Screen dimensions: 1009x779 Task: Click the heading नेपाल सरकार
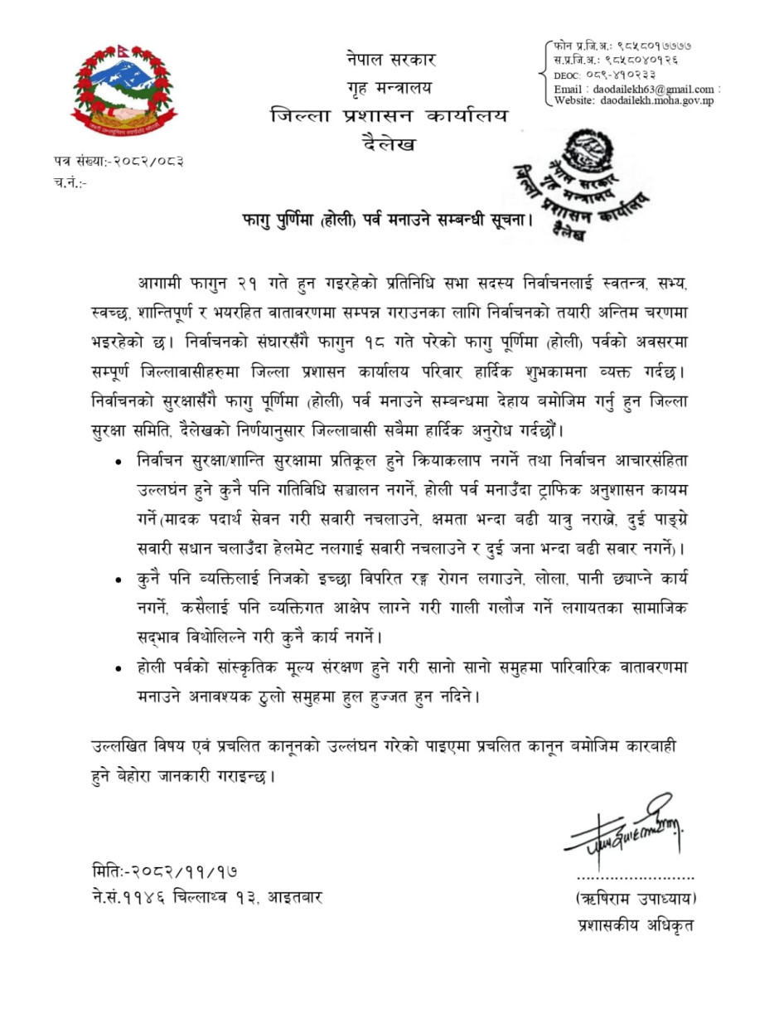(389, 60)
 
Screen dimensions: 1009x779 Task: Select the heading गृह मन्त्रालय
(389, 87)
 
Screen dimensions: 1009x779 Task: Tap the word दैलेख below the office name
(389, 144)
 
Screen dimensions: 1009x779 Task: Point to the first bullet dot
(121, 460)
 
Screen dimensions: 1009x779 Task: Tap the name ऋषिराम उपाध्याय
(636, 899)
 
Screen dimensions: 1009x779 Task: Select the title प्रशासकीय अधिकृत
(636, 925)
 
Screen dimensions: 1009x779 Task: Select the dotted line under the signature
(636, 876)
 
